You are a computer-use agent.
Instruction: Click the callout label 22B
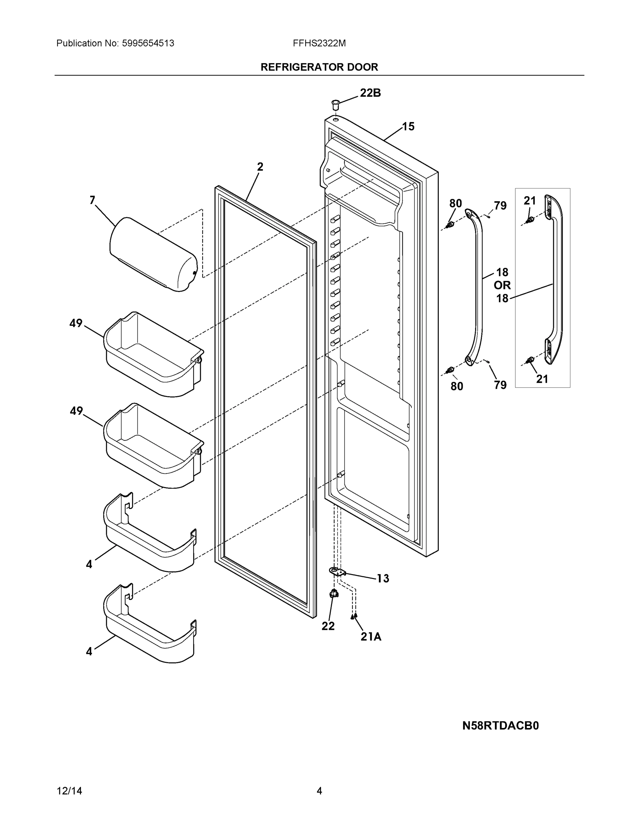point(370,93)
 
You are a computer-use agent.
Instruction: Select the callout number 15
point(408,126)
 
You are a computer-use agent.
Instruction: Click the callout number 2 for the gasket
point(260,167)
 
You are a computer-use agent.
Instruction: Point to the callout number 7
point(92,200)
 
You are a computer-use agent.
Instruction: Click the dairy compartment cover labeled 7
point(153,254)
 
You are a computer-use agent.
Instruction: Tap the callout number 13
point(382,578)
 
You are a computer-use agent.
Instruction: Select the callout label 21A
point(371,636)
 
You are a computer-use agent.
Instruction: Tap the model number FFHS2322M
point(319,43)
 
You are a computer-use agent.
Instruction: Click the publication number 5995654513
point(148,43)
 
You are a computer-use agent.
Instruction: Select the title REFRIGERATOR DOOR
point(319,67)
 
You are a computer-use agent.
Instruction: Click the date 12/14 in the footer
point(69,791)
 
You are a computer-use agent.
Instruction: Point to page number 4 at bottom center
point(319,791)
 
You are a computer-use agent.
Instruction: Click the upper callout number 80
point(455,203)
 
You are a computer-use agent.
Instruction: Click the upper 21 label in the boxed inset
point(529,201)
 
